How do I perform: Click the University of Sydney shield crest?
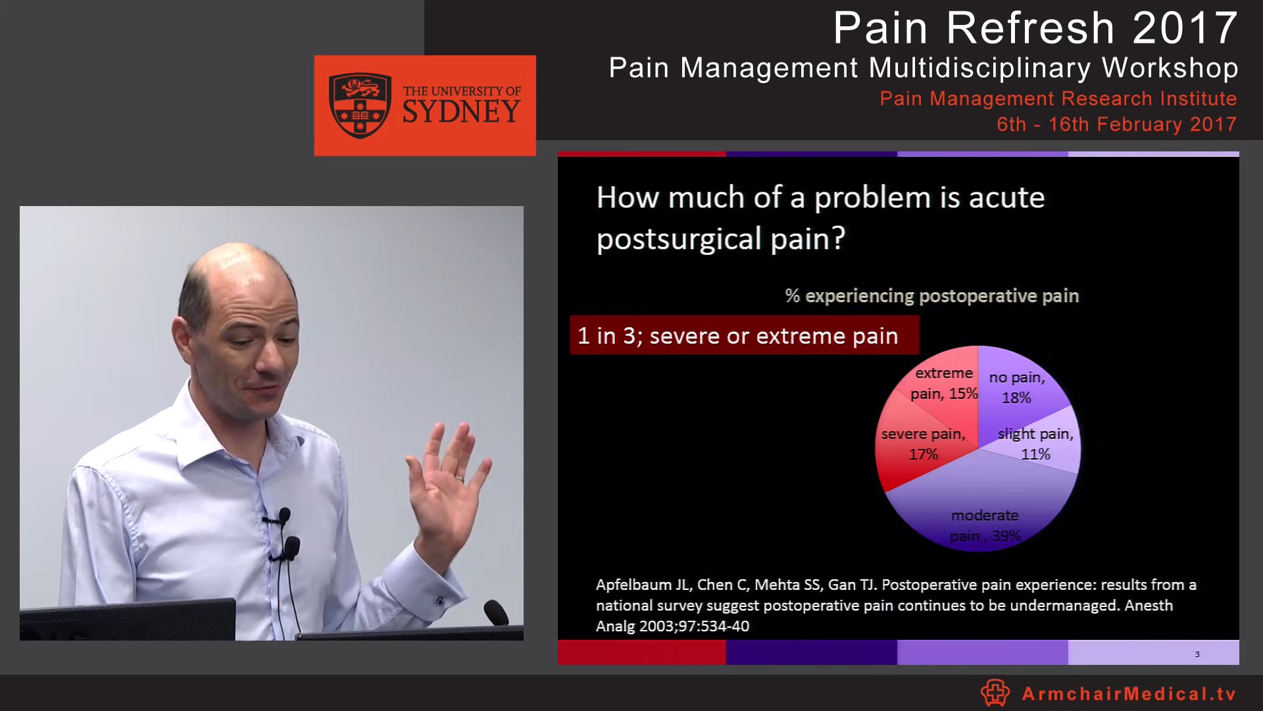(360, 105)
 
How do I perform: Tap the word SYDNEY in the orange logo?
(461, 112)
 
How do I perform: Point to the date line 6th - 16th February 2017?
(1116, 124)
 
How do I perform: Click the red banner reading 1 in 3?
(743, 336)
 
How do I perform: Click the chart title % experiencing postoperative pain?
(931, 296)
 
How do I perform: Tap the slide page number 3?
(1197, 654)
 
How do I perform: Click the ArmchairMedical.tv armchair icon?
(995, 693)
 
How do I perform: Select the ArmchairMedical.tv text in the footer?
(1129, 694)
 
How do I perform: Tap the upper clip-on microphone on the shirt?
(284, 514)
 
